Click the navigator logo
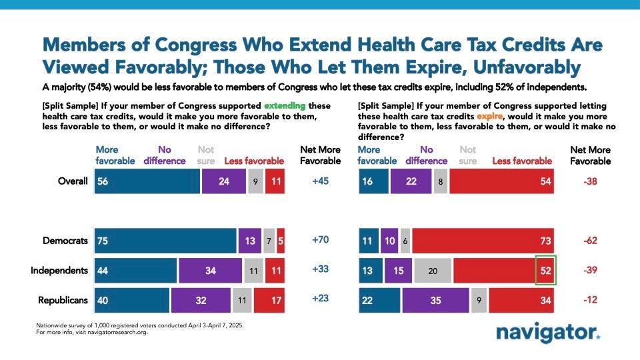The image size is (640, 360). [548, 332]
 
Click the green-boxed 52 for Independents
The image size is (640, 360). [546, 271]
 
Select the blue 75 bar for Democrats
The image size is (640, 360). [165, 241]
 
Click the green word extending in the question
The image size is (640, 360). [285, 106]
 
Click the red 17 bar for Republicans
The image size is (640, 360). [269, 300]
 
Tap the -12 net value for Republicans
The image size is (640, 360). [590, 300]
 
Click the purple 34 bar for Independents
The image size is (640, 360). [210, 271]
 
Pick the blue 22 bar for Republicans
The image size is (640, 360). [379, 300]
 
